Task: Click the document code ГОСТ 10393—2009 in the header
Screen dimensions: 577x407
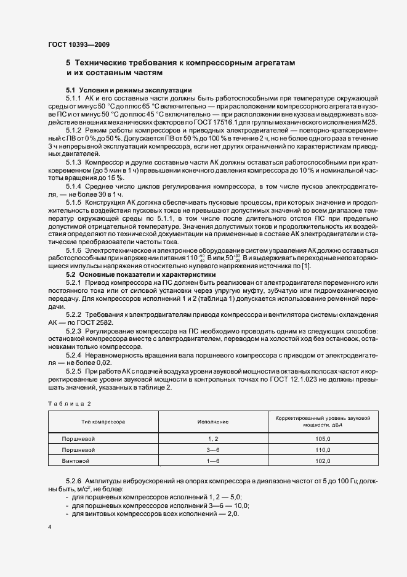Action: (x=79, y=44)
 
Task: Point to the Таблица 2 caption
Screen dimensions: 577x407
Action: (x=69, y=403)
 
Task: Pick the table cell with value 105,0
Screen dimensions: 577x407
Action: (x=323, y=438)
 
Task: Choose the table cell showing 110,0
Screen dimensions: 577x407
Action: (x=323, y=450)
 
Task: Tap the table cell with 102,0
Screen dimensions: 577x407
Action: (x=323, y=461)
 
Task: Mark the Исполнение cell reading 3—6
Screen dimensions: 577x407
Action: (x=213, y=450)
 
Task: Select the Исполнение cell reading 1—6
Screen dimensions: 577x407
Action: (x=213, y=461)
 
